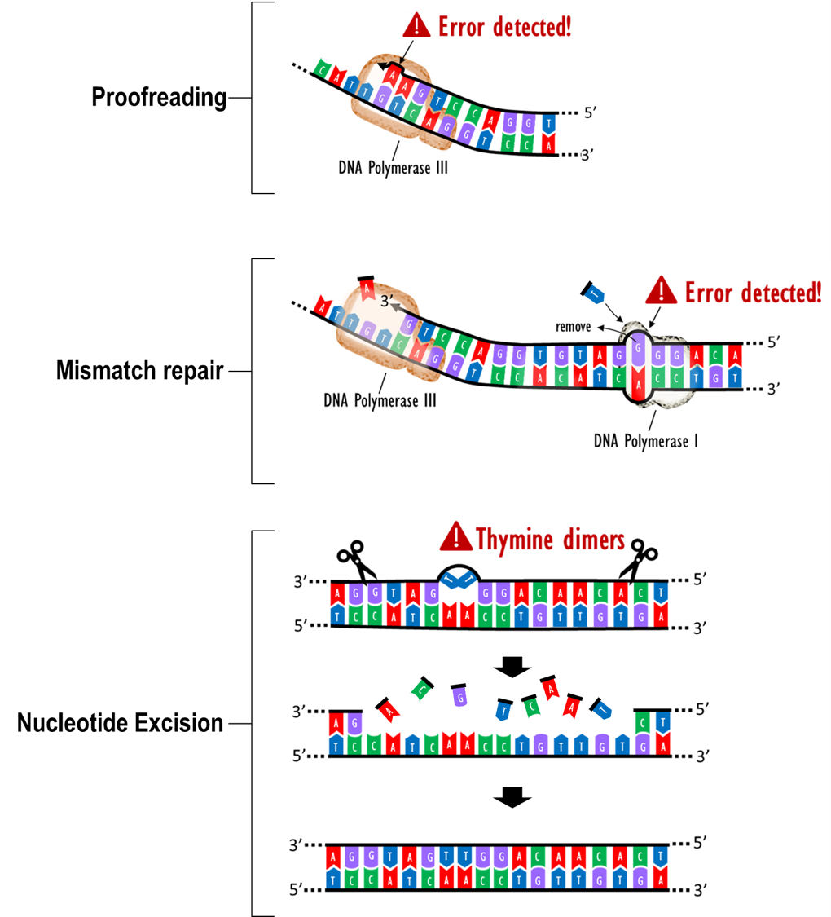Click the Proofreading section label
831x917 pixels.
159,97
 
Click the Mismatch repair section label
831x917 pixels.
139,370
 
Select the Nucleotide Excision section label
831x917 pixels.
120,723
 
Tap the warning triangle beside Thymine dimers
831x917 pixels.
455,537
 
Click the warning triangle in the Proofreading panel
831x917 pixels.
416,25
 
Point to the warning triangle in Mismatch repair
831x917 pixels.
661,290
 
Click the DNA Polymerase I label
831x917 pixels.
646,440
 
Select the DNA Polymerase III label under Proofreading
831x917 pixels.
393,167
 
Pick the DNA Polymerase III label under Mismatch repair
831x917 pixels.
380,400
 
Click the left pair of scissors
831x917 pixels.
357,561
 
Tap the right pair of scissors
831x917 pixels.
639,559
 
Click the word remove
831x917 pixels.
573,326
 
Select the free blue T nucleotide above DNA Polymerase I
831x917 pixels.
592,293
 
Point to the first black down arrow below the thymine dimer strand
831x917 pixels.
512,668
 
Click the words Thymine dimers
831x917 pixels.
550,539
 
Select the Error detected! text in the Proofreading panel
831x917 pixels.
505,27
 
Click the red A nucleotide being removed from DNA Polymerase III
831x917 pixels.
367,288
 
